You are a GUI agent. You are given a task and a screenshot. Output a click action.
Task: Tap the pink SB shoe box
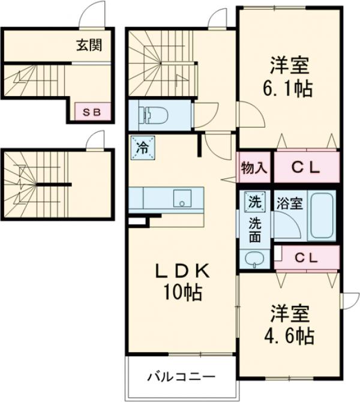tap(92, 112)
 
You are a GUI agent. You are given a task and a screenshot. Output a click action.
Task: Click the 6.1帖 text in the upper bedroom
tap(288, 89)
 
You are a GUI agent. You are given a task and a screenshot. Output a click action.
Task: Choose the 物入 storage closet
tap(254, 167)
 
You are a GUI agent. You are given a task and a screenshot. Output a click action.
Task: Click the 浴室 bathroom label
tap(289, 203)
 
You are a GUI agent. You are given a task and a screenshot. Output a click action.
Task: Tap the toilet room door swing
tap(206, 115)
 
